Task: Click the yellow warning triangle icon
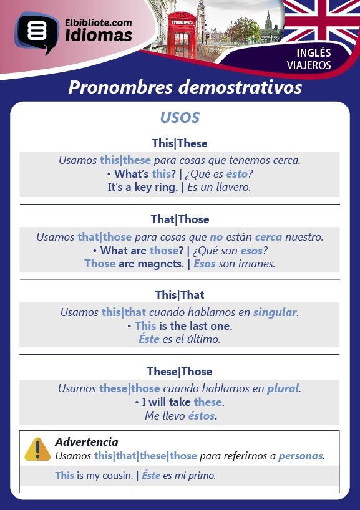pyautogui.click(x=37, y=450)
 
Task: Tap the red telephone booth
pyautogui.click(x=182, y=35)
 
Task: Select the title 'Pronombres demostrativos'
pyautogui.click(x=185, y=87)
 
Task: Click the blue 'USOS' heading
pyautogui.click(x=180, y=117)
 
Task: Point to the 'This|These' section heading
pyautogui.click(x=180, y=143)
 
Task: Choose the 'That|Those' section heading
pyautogui.click(x=180, y=219)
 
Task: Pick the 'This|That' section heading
pyautogui.click(x=180, y=295)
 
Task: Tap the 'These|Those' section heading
pyautogui.click(x=180, y=371)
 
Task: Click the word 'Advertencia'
pyautogui.click(x=87, y=441)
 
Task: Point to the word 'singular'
pyautogui.click(x=275, y=312)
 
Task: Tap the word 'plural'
pyautogui.click(x=283, y=388)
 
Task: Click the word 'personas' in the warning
pyautogui.click(x=301, y=456)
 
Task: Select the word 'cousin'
pyautogui.click(x=117, y=476)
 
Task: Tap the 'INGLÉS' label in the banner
pyautogui.click(x=313, y=53)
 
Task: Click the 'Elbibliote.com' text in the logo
pyautogui.click(x=99, y=23)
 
